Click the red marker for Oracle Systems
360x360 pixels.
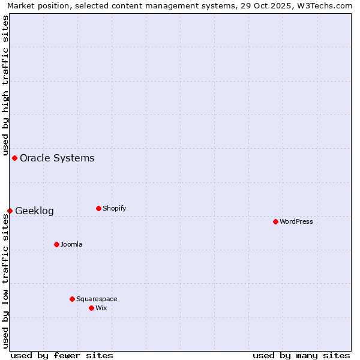tap(14, 158)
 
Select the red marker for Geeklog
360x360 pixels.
tap(10, 211)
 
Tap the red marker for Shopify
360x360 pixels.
tap(98, 208)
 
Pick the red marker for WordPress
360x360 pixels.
tap(275, 221)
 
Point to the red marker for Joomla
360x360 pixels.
tap(56, 244)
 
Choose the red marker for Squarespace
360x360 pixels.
tap(72, 299)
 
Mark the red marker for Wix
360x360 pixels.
tap(91, 308)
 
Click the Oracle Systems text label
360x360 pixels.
tap(57, 158)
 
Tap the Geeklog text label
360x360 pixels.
tap(34, 211)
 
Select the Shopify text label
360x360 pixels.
tap(114, 208)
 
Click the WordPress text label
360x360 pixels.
tap(296, 221)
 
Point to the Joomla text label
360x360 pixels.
tap(71, 244)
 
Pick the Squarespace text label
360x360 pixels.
tap(97, 299)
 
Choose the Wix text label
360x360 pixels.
tap(101, 308)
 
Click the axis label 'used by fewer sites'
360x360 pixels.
tap(62, 355)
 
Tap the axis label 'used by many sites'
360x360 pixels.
tap(301, 355)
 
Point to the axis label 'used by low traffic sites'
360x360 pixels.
tap(5, 281)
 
